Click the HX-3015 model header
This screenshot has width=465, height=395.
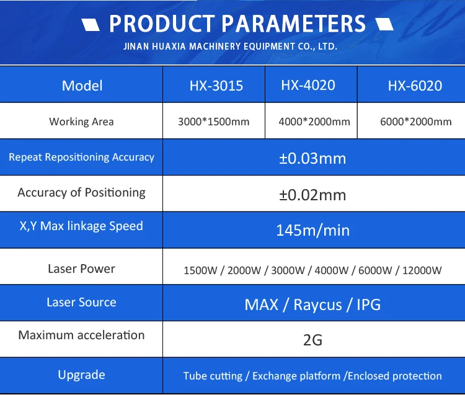click(216, 86)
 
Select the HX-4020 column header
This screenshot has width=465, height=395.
click(308, 85)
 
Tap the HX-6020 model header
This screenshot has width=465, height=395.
click(415, 86)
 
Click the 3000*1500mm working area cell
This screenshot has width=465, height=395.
click(213, 122)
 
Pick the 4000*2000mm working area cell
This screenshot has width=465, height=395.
click(314, 122)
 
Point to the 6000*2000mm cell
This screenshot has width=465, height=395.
click(416, 122)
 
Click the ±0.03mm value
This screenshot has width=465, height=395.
click(312, 158)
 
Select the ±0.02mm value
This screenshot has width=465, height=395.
click(312, 195)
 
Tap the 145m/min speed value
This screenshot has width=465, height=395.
click(313, 230)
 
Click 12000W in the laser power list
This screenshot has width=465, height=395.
click(422, 270)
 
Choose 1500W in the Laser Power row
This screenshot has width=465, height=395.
click(200, 270)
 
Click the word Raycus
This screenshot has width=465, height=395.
click(317, 304)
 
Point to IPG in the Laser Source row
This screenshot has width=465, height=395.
click(369, 304)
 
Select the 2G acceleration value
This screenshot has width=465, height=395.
click(312, 340)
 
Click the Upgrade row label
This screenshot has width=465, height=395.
click(82, 375)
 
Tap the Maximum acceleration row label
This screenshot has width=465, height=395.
click(81, 335)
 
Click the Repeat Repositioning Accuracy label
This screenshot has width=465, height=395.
click(82, 157)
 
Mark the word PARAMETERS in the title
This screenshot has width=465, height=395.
click(294, 24)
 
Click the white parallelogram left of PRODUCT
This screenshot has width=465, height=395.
click(91, 25)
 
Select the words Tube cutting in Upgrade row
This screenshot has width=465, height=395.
click(213, 376)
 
